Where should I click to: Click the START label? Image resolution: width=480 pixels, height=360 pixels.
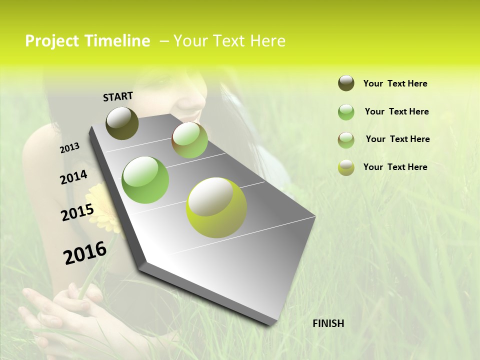pyautogui.click(x=118, y=96)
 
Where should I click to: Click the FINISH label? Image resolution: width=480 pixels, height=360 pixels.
pyautogui.click(x=328, y=323)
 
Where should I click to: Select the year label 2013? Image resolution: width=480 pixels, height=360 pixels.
pyautogui.click(x=70, y=147)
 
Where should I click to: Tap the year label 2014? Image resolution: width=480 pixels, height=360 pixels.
pyautogui.click(x=73, y=177)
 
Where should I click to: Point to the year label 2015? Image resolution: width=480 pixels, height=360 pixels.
pyautogui.click(x=77, y=212)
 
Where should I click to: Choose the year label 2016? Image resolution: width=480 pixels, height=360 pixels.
pyautogui.click(x=85, y=253)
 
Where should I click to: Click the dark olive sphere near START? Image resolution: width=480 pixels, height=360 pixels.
pyautogui.click(x=122, y=123)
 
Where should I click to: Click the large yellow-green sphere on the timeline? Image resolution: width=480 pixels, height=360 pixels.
pyautogui.click(x=216, y=207)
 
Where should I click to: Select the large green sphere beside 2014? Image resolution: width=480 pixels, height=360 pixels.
pyautogui.click(x=145, y=179)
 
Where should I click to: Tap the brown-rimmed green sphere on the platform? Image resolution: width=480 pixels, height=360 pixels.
pyautogui.click(x=189, y=140)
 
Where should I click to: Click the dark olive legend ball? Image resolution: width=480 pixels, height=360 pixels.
pyautogui.click(x=346, y=83)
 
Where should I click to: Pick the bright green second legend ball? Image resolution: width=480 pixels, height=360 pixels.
pyautogui.click(x=346, y=112)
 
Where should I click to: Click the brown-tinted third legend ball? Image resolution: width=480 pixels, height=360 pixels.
pyautogui.click(x=346, y=140)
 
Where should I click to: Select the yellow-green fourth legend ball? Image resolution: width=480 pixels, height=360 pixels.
pyautogui.click(x=346, y=167)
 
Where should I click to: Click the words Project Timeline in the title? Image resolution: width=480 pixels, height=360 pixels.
pyautogui.click(x=87, y=41)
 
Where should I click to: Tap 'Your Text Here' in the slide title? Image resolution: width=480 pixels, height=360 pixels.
pyautogui.click(x=229, y=41)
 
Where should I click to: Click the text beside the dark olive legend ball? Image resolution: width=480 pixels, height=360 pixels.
pyautogui.click(x=395, y=83)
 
